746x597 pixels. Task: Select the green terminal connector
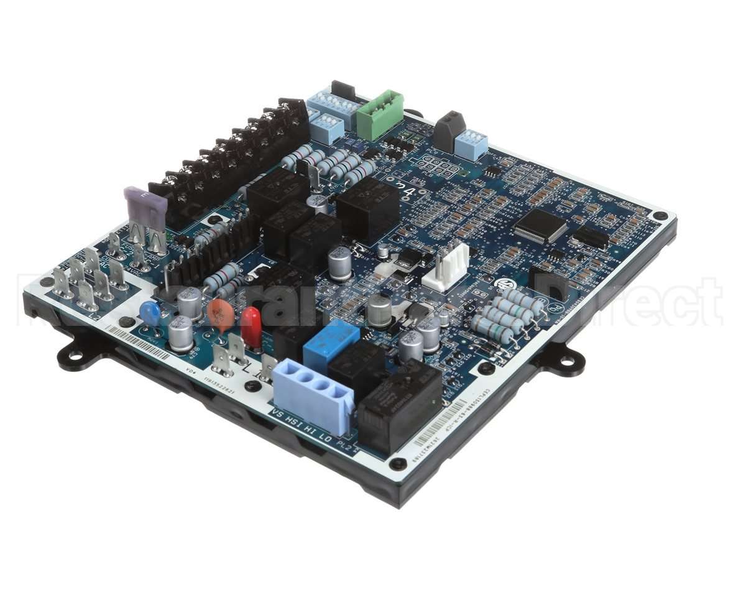click(x=379, y=114)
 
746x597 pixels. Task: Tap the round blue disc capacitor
click(x=150, y=313)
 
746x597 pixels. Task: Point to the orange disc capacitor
click(x=221, y=314)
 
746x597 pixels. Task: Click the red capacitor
click(x=251, y=326)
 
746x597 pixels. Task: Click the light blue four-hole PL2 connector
click(x=313, y=396)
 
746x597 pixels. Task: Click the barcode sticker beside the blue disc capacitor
click(x=138, y=344)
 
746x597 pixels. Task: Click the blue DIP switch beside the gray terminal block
click(x=472, y=144)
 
